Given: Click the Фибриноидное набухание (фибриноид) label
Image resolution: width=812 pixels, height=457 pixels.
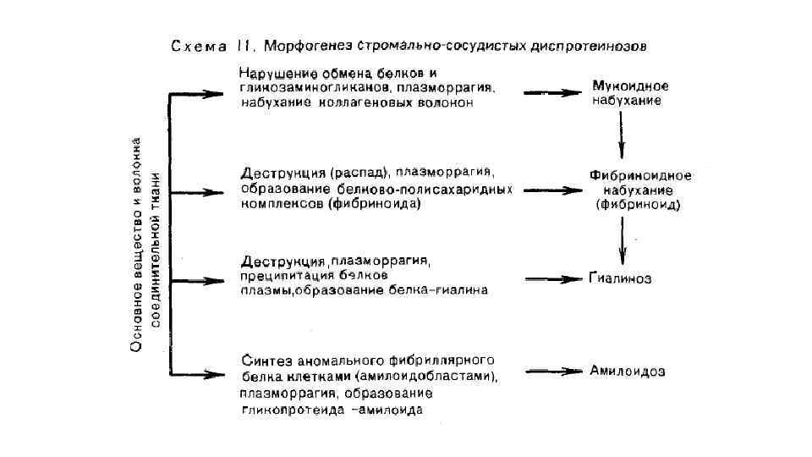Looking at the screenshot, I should click(639, 190).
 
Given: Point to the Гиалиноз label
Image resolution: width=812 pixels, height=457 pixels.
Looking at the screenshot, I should click(620, 278).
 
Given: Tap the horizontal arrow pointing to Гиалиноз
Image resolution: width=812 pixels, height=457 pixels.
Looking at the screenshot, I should click(551, 278).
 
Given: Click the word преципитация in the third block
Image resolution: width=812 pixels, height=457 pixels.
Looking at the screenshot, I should click(288, 275).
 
